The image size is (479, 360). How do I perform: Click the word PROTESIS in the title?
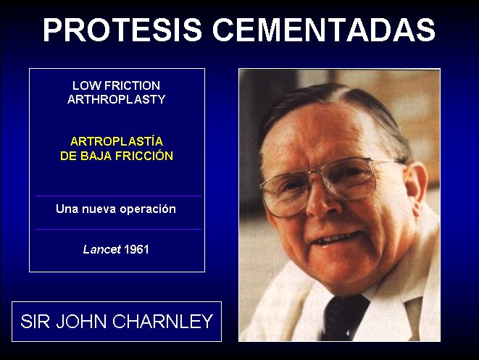122,30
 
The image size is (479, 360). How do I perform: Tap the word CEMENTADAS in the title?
324,30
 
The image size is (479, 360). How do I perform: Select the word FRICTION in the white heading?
132,85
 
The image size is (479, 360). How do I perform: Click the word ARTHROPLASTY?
117,99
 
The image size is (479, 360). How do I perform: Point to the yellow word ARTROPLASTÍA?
117,141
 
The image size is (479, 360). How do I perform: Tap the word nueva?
99,209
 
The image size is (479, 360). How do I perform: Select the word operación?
148,209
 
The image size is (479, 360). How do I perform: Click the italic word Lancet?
102,249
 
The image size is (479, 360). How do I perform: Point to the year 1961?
136,249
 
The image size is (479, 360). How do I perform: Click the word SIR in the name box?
35,321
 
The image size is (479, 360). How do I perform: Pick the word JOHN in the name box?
81,321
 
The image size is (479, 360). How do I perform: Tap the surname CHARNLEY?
163,321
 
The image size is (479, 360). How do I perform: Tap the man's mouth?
336,238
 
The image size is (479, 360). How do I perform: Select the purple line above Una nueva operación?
119,196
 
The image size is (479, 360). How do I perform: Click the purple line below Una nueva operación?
119,229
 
